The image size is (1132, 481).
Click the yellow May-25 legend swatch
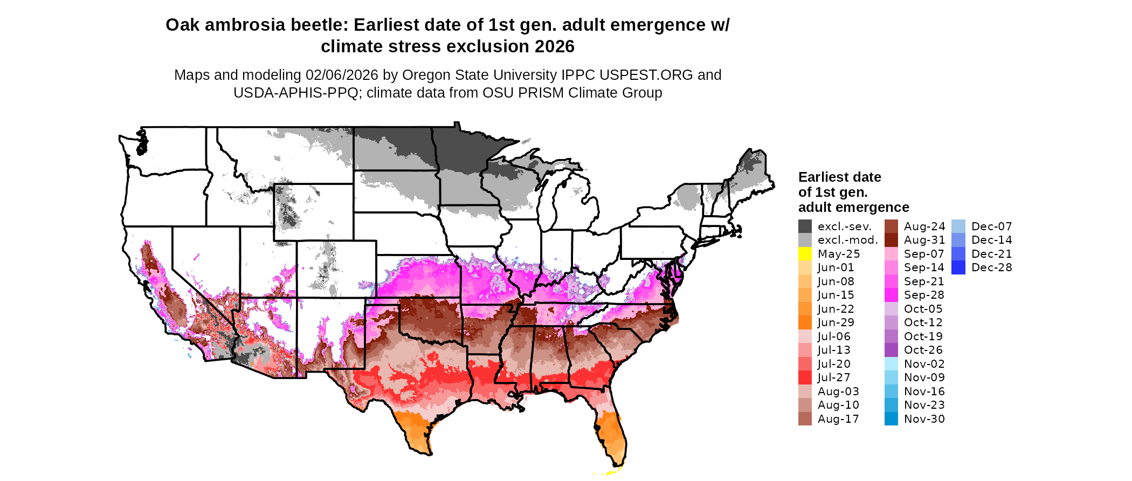click(805, 254)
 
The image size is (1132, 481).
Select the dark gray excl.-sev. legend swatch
click(805, 226)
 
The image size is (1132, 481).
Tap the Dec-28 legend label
click(991, 267)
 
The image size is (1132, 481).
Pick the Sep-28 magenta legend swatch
click(891, 295)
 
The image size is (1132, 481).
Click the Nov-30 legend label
click(924, 419)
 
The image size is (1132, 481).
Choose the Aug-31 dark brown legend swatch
click(891, 240)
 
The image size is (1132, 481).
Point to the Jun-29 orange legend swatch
click(805, 322)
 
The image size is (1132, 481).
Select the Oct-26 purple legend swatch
click(891, 350)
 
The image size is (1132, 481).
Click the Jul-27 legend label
click(834, 377)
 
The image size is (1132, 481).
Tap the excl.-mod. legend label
click(848, 240)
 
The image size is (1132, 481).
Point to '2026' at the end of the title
click(555, 47)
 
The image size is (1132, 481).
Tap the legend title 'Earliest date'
click(839, 177)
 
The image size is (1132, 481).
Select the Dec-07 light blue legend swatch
click(958, 226)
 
